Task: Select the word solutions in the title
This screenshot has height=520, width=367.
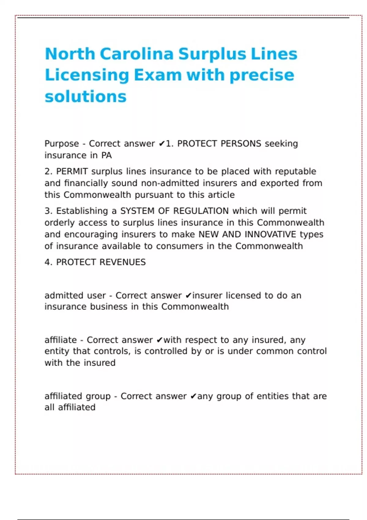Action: point(85,97)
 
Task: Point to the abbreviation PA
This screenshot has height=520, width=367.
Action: point(106,155)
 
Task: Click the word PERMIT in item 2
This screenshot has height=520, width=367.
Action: point(72,171)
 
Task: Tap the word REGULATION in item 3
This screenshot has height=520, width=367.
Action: point(201,211)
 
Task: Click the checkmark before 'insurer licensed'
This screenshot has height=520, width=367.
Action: point(188,295)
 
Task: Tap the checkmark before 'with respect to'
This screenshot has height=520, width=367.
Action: point(159,340)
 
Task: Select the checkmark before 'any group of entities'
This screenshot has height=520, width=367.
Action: point(193,396)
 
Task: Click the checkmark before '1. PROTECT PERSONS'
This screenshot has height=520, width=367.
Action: point(162,143)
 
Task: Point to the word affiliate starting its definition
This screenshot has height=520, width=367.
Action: point(61,340)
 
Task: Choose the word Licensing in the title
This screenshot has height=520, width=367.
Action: point(87,75)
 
